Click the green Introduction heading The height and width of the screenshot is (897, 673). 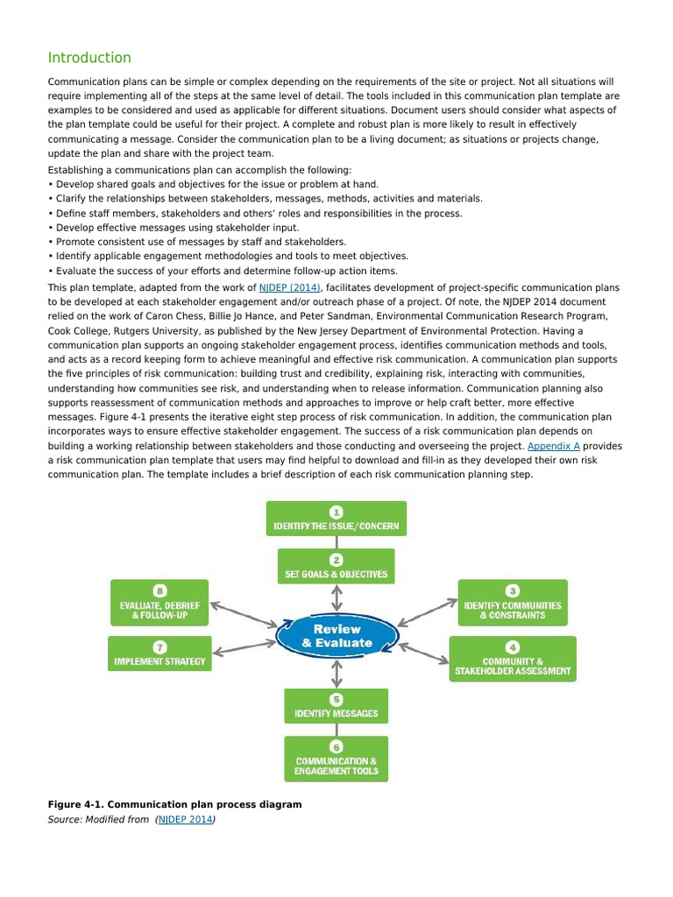coord(89,58)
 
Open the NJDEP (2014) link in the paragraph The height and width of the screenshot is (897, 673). coord(290,287)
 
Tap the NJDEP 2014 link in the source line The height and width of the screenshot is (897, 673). coord(186,820)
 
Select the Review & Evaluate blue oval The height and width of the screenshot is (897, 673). coord(336,636)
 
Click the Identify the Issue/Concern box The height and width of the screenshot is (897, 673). coord(336,519)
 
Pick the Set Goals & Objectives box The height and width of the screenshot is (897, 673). coord(336,567)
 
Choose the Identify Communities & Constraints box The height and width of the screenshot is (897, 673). coord(513,603)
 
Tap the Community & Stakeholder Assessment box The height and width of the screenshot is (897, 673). coord(513,659)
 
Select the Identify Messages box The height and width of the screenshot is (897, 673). coord(336,706)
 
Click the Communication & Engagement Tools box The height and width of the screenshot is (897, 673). coord(336,759)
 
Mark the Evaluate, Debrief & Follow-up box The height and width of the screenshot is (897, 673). coord(159,603)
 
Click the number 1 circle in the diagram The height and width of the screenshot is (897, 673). coord(336,510)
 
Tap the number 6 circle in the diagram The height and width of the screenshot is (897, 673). coord(336,745)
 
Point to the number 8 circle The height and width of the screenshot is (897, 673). coord(159,590)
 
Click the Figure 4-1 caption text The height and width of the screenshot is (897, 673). coord(174,804)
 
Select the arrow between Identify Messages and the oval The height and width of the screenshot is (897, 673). coord(336,674)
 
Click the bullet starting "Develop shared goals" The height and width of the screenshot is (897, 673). coord(216,184)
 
